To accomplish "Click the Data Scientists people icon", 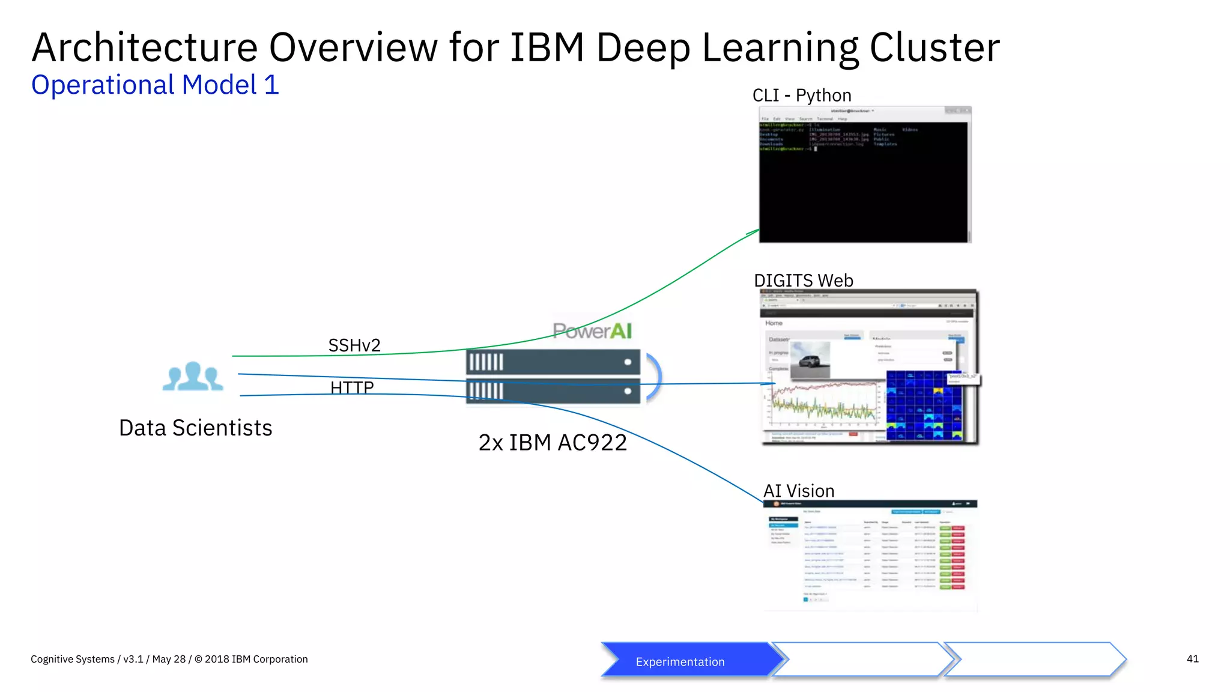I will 193,377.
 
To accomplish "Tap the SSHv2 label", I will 354,345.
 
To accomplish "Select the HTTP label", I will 352,387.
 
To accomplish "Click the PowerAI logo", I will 592,331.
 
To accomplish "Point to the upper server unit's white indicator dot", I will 628,362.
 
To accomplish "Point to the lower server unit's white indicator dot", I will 628,391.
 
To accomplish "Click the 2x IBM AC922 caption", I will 553,443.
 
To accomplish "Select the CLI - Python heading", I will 802,96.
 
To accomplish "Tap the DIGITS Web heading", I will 803,281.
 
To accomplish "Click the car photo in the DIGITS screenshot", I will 810,360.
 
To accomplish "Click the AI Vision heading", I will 799,491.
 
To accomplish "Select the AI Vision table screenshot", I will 870,556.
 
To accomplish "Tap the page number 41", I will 1192,659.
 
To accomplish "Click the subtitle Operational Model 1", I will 155,85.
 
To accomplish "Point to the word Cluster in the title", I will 935,48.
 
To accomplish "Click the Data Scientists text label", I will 195,428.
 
